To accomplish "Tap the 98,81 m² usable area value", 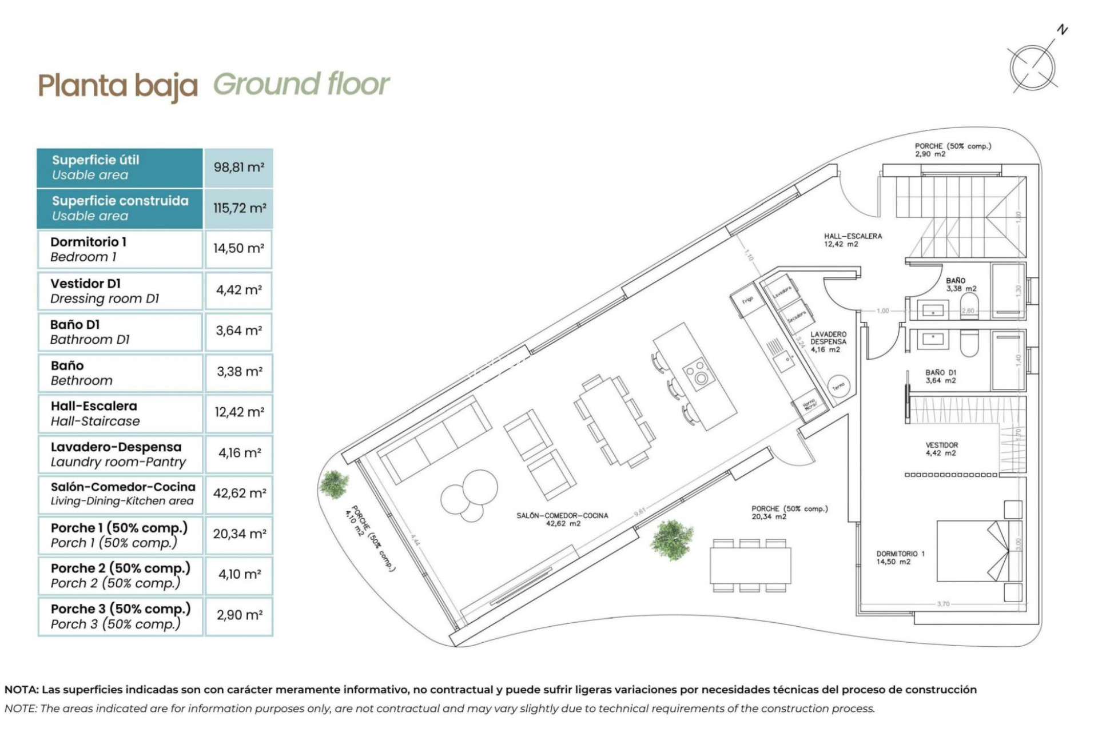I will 238,168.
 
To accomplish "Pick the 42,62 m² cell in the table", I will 239,493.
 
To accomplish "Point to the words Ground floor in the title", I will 301,85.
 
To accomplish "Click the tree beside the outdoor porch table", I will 672,539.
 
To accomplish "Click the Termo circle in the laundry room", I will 838,387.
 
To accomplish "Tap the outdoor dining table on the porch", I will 750,565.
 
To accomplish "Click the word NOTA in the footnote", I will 20,690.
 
